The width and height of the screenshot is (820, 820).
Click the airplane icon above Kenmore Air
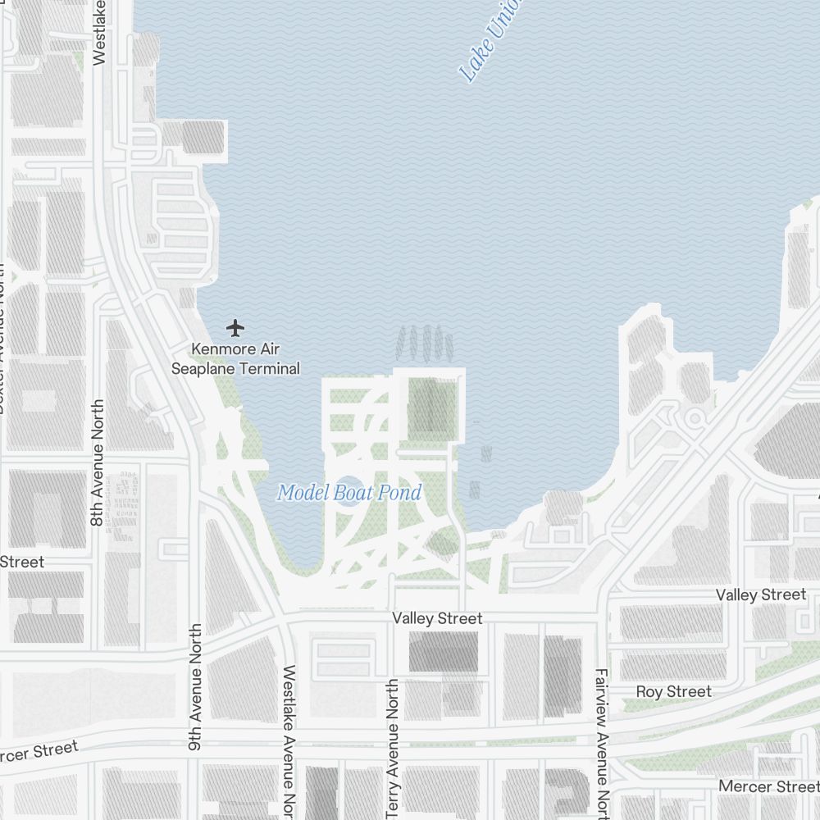coord(236,329)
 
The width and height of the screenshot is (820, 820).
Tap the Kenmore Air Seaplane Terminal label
coord(235,359)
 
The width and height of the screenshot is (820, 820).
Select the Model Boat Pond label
coord(349,493)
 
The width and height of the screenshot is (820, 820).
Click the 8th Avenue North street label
coord(98,462)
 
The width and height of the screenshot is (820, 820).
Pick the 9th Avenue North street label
coord(195,672)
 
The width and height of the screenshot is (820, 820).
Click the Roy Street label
coord(673,692)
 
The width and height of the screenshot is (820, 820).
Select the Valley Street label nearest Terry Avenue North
coord(437,618)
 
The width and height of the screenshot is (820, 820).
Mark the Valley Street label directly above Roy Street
coord(761,594)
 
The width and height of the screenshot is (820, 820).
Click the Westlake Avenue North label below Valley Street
coord(289,738)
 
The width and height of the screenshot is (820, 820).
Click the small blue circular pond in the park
coord(348,492)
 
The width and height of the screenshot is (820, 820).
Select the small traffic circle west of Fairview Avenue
coord(695,418)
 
